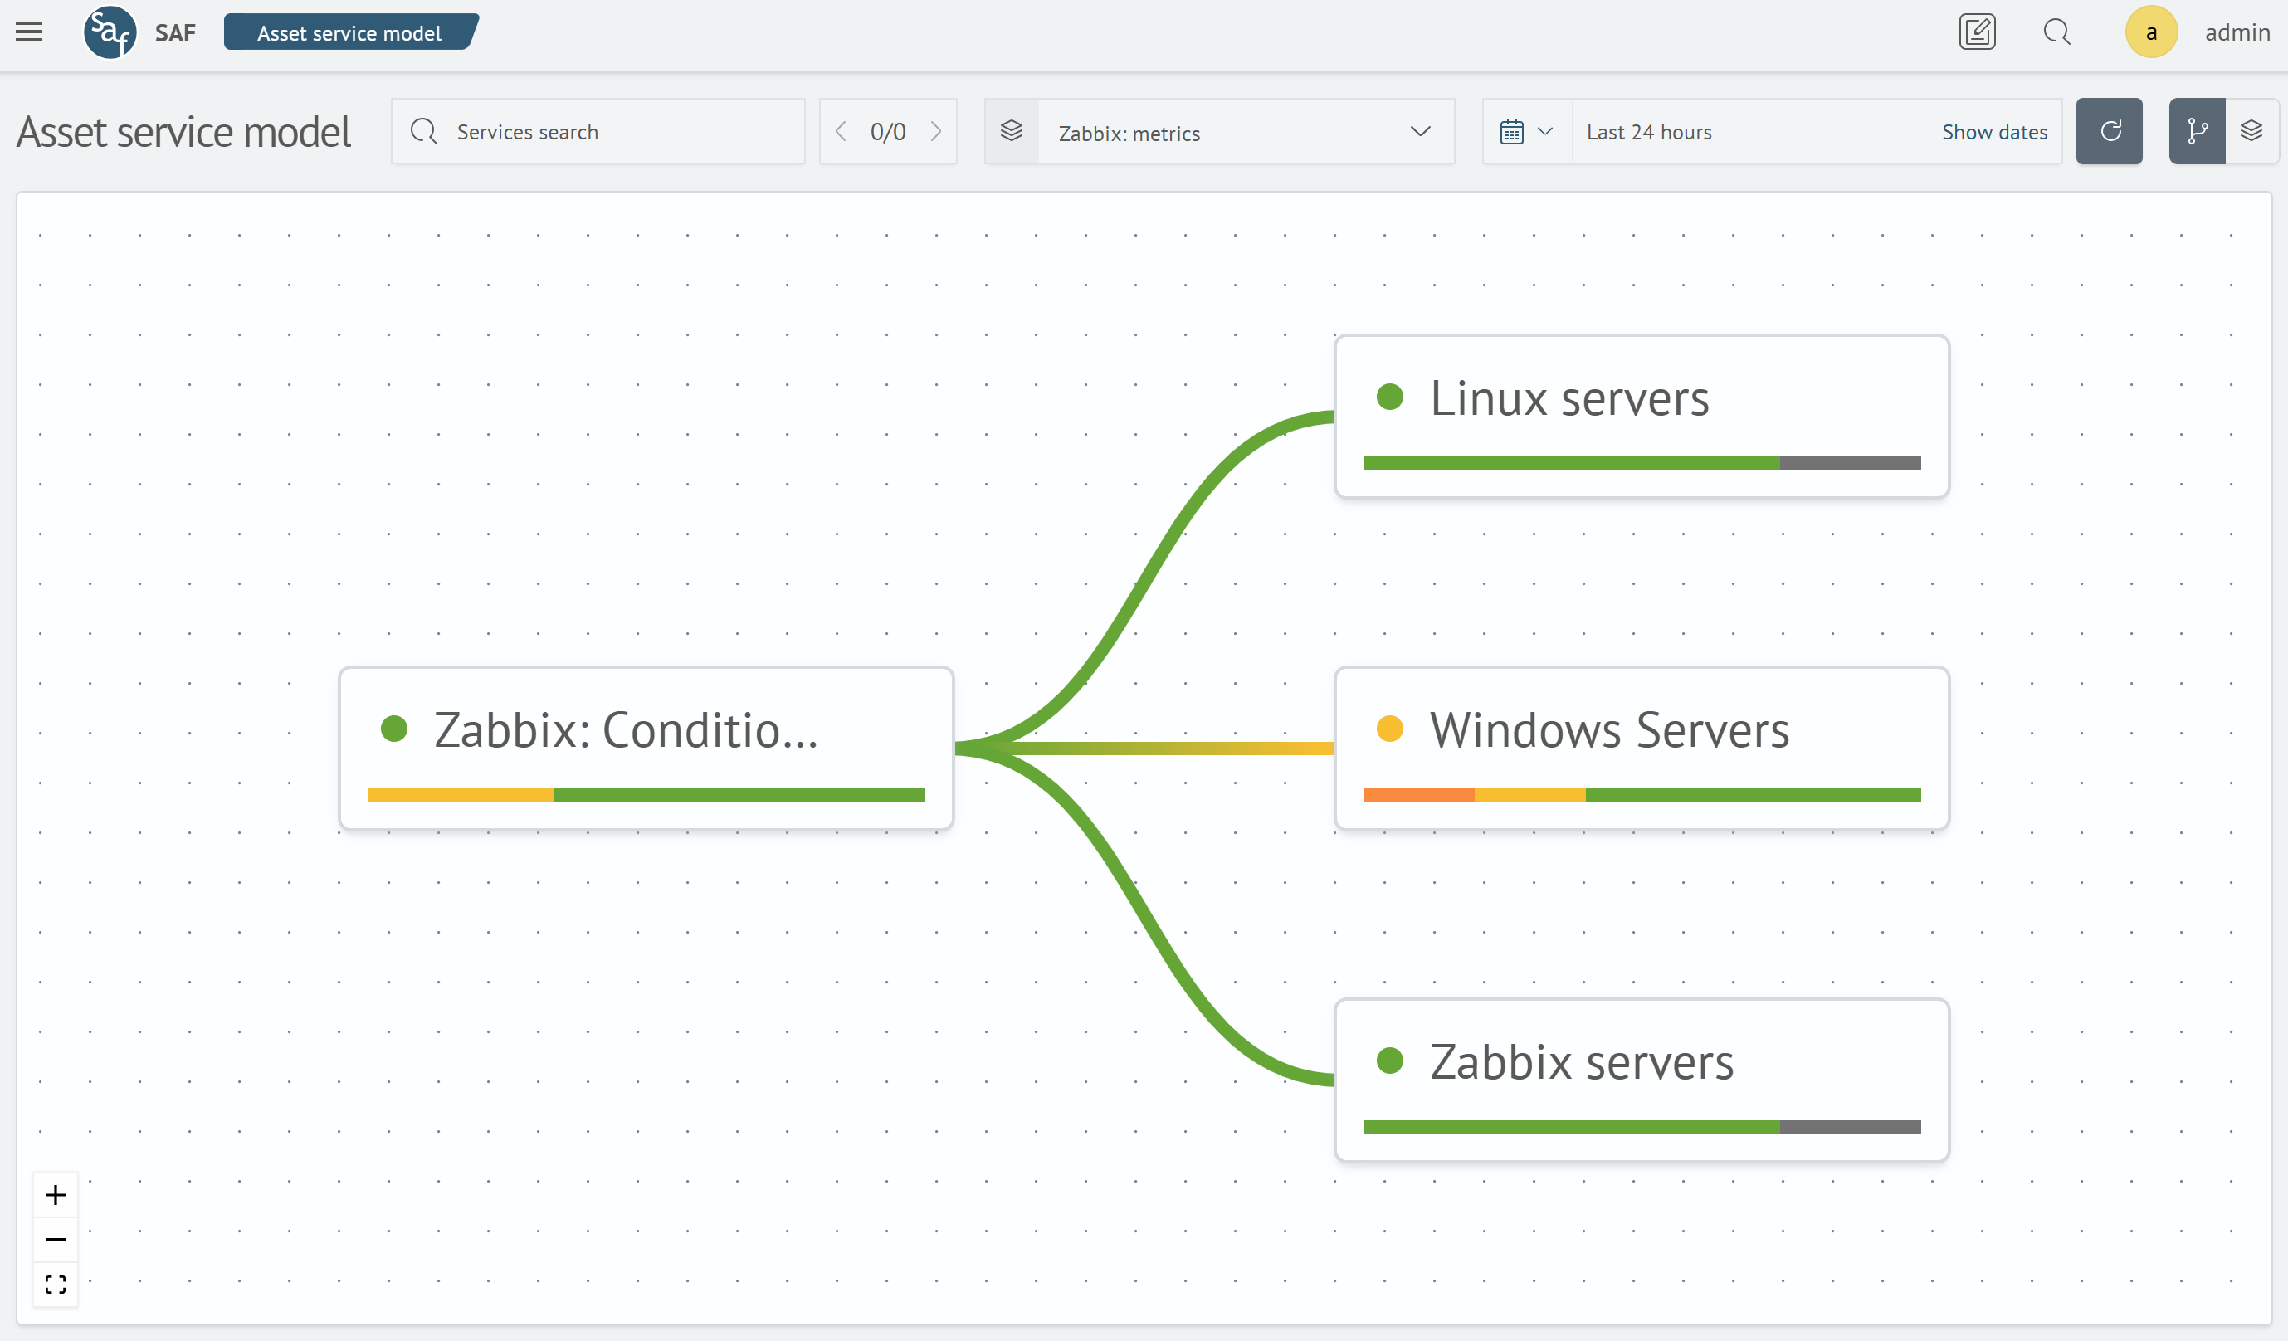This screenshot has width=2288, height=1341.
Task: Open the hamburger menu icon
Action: click(29, 32)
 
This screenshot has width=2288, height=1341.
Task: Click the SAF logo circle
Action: click(110, 32)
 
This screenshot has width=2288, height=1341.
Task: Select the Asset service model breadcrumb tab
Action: click(349, 32)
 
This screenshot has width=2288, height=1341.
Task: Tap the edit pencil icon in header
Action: click(1977, 32)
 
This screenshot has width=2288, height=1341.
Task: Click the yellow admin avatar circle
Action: click(2150, 32)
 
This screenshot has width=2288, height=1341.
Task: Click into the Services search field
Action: click(617, 132)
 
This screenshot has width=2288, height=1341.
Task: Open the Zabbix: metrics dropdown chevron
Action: click(1420, 132)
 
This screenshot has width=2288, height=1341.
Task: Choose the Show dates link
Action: click(1994, 132)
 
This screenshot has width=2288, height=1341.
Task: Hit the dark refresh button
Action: click(2108, 132)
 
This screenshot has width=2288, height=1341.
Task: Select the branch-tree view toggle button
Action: click(2197, 132)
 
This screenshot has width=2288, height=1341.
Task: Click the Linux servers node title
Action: click(1569, 398)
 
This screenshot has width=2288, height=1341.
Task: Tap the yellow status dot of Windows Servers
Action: click(1389, 729)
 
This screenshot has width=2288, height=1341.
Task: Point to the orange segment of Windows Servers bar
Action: click(1418, 795)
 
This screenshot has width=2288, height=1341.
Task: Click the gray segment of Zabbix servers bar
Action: click(1850, 1127)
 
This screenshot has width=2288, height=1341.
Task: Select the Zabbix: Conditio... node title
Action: click(626, 730)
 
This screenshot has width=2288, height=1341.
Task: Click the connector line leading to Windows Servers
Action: click(1180, 749)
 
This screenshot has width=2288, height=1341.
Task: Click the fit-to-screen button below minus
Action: click(56, 1284)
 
